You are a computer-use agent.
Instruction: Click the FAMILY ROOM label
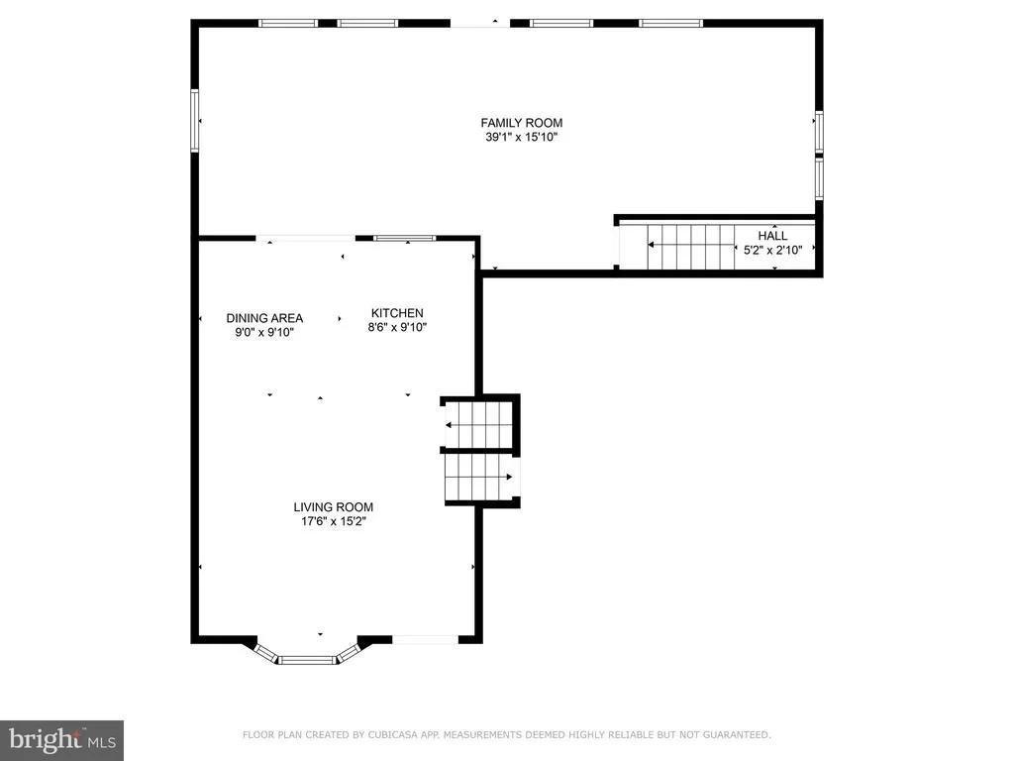click(x=521, y=123)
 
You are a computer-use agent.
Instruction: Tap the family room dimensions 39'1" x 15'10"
click(x=521, y=137)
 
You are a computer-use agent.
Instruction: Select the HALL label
click(x=772, y=236)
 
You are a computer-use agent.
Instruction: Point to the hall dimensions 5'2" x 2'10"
click(x=772, y=251)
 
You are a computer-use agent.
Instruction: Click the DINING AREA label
click(x=264, y=318)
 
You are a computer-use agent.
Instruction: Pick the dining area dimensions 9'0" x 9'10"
click(x=264, y=333)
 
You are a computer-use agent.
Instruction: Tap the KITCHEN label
click(x=397, y=313)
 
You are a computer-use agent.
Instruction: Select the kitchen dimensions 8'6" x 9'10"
click(x=397, y=327)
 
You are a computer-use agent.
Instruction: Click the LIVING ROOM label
click(x=333, y=507)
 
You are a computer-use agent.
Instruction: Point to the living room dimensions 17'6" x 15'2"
click(x=333, y=521)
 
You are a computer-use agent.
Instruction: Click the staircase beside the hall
click(x=690, y=247)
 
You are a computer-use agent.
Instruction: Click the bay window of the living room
click(x=307, y=654)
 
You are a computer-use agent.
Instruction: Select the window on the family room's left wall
click(x=194, y=121)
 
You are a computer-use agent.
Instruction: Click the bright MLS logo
click(x=61, y=740)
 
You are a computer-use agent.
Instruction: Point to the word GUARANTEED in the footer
click(x=737, y=734)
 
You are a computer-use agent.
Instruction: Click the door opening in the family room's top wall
click(x=480, y=24)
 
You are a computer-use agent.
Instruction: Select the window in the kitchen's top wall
click(x=405, y=238)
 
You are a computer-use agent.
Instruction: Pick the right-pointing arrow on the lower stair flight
click(x=479, y=477)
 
